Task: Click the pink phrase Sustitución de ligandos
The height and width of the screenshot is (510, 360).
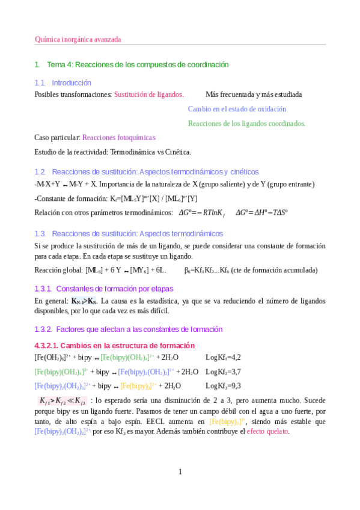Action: tap(148, 94)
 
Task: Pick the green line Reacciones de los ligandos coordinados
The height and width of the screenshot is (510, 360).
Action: tap(238, 123)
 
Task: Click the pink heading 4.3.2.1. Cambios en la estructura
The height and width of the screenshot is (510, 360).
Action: tap(114, 345)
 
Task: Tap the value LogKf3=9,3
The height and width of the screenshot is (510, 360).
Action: tap(223, 386)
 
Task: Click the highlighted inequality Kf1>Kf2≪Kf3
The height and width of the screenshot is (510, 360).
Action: tap(62, 401)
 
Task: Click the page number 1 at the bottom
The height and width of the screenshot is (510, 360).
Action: tap(180, 472)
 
